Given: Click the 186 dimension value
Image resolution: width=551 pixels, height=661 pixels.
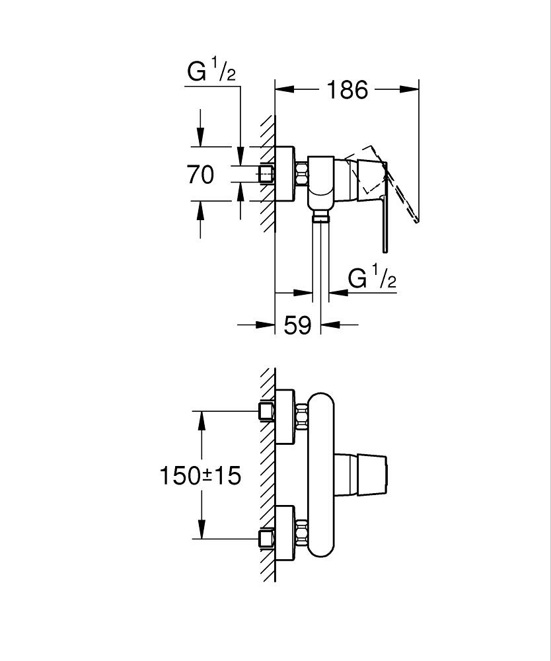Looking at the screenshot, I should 348,89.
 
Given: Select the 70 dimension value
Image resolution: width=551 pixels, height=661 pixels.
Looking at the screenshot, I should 200,175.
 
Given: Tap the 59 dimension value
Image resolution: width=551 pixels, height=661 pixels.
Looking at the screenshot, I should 297,325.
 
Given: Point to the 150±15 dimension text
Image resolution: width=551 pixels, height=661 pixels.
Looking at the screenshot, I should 200,475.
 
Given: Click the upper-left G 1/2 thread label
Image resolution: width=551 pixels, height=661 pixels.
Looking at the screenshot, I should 211,71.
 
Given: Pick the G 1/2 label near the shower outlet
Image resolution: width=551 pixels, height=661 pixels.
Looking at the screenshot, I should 372,280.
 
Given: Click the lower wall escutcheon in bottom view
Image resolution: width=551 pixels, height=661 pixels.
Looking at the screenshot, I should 286,533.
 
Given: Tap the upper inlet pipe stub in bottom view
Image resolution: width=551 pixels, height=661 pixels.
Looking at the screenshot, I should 266,412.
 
